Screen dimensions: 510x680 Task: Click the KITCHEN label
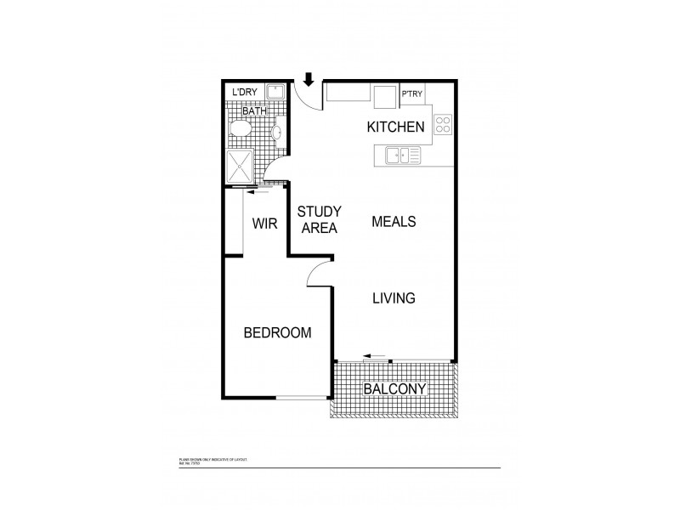[395, 127]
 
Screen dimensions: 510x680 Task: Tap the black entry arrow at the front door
[309, 81]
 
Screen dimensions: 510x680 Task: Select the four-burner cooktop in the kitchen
[442, 124]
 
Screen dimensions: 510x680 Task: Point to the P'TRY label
[412, 95]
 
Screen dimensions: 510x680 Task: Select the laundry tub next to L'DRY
[275, 93]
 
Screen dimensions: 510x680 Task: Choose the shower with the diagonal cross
[241, 167]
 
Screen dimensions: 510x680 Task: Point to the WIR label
[264, 224]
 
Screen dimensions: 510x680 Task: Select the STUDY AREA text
[320, 219]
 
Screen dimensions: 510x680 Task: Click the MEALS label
[394, 222]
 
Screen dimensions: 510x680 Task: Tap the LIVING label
[393, 298]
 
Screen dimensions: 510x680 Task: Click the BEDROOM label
[277, 332]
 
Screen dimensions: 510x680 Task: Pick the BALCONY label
[394, 389]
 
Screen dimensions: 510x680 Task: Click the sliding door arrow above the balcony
[374, 354]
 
